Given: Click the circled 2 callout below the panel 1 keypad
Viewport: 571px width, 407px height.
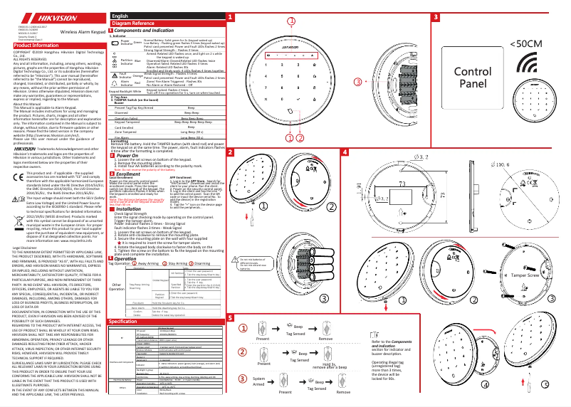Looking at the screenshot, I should [290, 137].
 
